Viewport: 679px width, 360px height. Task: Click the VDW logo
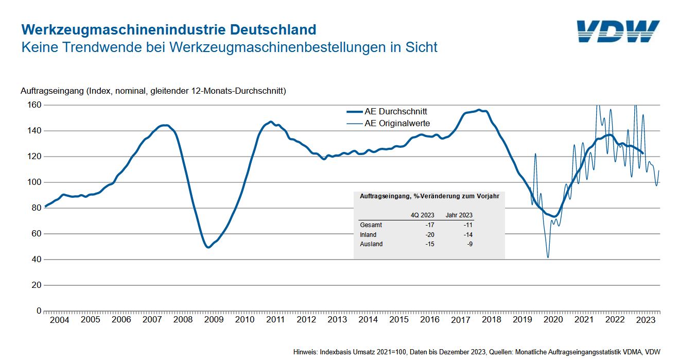618,31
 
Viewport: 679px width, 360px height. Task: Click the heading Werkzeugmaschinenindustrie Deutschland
168,29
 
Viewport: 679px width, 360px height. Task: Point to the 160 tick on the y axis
34,105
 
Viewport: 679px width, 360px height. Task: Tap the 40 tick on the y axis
36,260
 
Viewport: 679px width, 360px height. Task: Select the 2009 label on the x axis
214,320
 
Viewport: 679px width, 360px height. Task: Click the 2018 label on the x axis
491,320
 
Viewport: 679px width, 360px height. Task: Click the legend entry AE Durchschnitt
395,111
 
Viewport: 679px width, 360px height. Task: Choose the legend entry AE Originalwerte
397,124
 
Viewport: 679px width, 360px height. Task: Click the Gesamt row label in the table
371,225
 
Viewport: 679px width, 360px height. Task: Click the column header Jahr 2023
459,215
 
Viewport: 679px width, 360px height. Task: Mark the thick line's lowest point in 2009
208,247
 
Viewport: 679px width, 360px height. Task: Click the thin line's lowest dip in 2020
548,258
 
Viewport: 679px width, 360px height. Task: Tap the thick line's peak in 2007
164,125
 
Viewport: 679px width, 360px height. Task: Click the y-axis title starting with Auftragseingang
153,91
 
